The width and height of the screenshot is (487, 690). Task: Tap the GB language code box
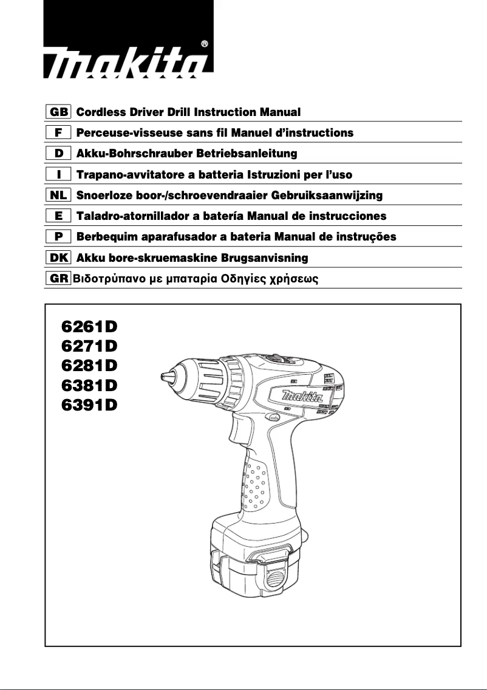tap(58, 112)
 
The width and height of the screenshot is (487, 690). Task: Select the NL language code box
tap(58, 196)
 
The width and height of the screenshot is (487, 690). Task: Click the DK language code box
tap(58, 258)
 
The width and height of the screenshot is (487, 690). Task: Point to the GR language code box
tap(58, 279)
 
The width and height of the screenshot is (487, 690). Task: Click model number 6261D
tap(89, 326)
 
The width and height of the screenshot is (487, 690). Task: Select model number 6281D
tap(89, 366)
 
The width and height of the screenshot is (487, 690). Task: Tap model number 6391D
tap(89, 405)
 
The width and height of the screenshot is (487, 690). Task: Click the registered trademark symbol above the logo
tap(204, 44)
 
